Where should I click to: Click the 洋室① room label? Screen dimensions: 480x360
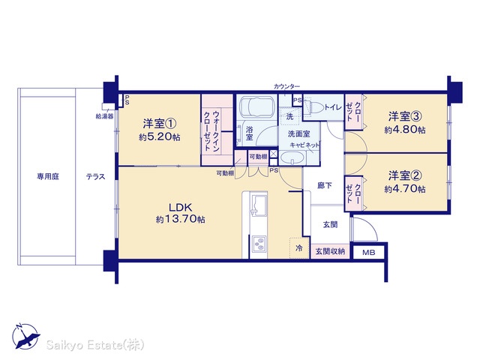[160, 124]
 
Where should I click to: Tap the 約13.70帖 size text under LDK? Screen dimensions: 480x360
[180, 219]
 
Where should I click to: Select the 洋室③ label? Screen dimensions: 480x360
[405, 116]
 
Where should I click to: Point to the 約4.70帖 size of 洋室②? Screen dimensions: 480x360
[405, 189]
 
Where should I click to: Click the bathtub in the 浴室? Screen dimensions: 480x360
[256, 107]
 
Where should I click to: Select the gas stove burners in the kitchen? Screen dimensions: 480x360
[259, 243]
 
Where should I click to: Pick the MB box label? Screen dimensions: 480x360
[368, 253]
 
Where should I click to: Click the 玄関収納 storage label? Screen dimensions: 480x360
[330, 252]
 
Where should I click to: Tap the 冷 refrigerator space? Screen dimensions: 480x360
[298, 247]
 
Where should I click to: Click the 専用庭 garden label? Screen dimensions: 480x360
[48, 177]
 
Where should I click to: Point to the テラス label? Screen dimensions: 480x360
[95, 177]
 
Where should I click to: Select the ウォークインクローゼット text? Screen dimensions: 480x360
[211, 131]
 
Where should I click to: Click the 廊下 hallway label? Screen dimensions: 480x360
[325, 185]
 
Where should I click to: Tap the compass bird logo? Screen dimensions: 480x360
[26, 337]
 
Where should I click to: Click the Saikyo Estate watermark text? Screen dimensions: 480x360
[95, 345]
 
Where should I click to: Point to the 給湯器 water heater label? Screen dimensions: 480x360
[105, 117]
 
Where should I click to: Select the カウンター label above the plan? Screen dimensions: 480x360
[286, 86]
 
